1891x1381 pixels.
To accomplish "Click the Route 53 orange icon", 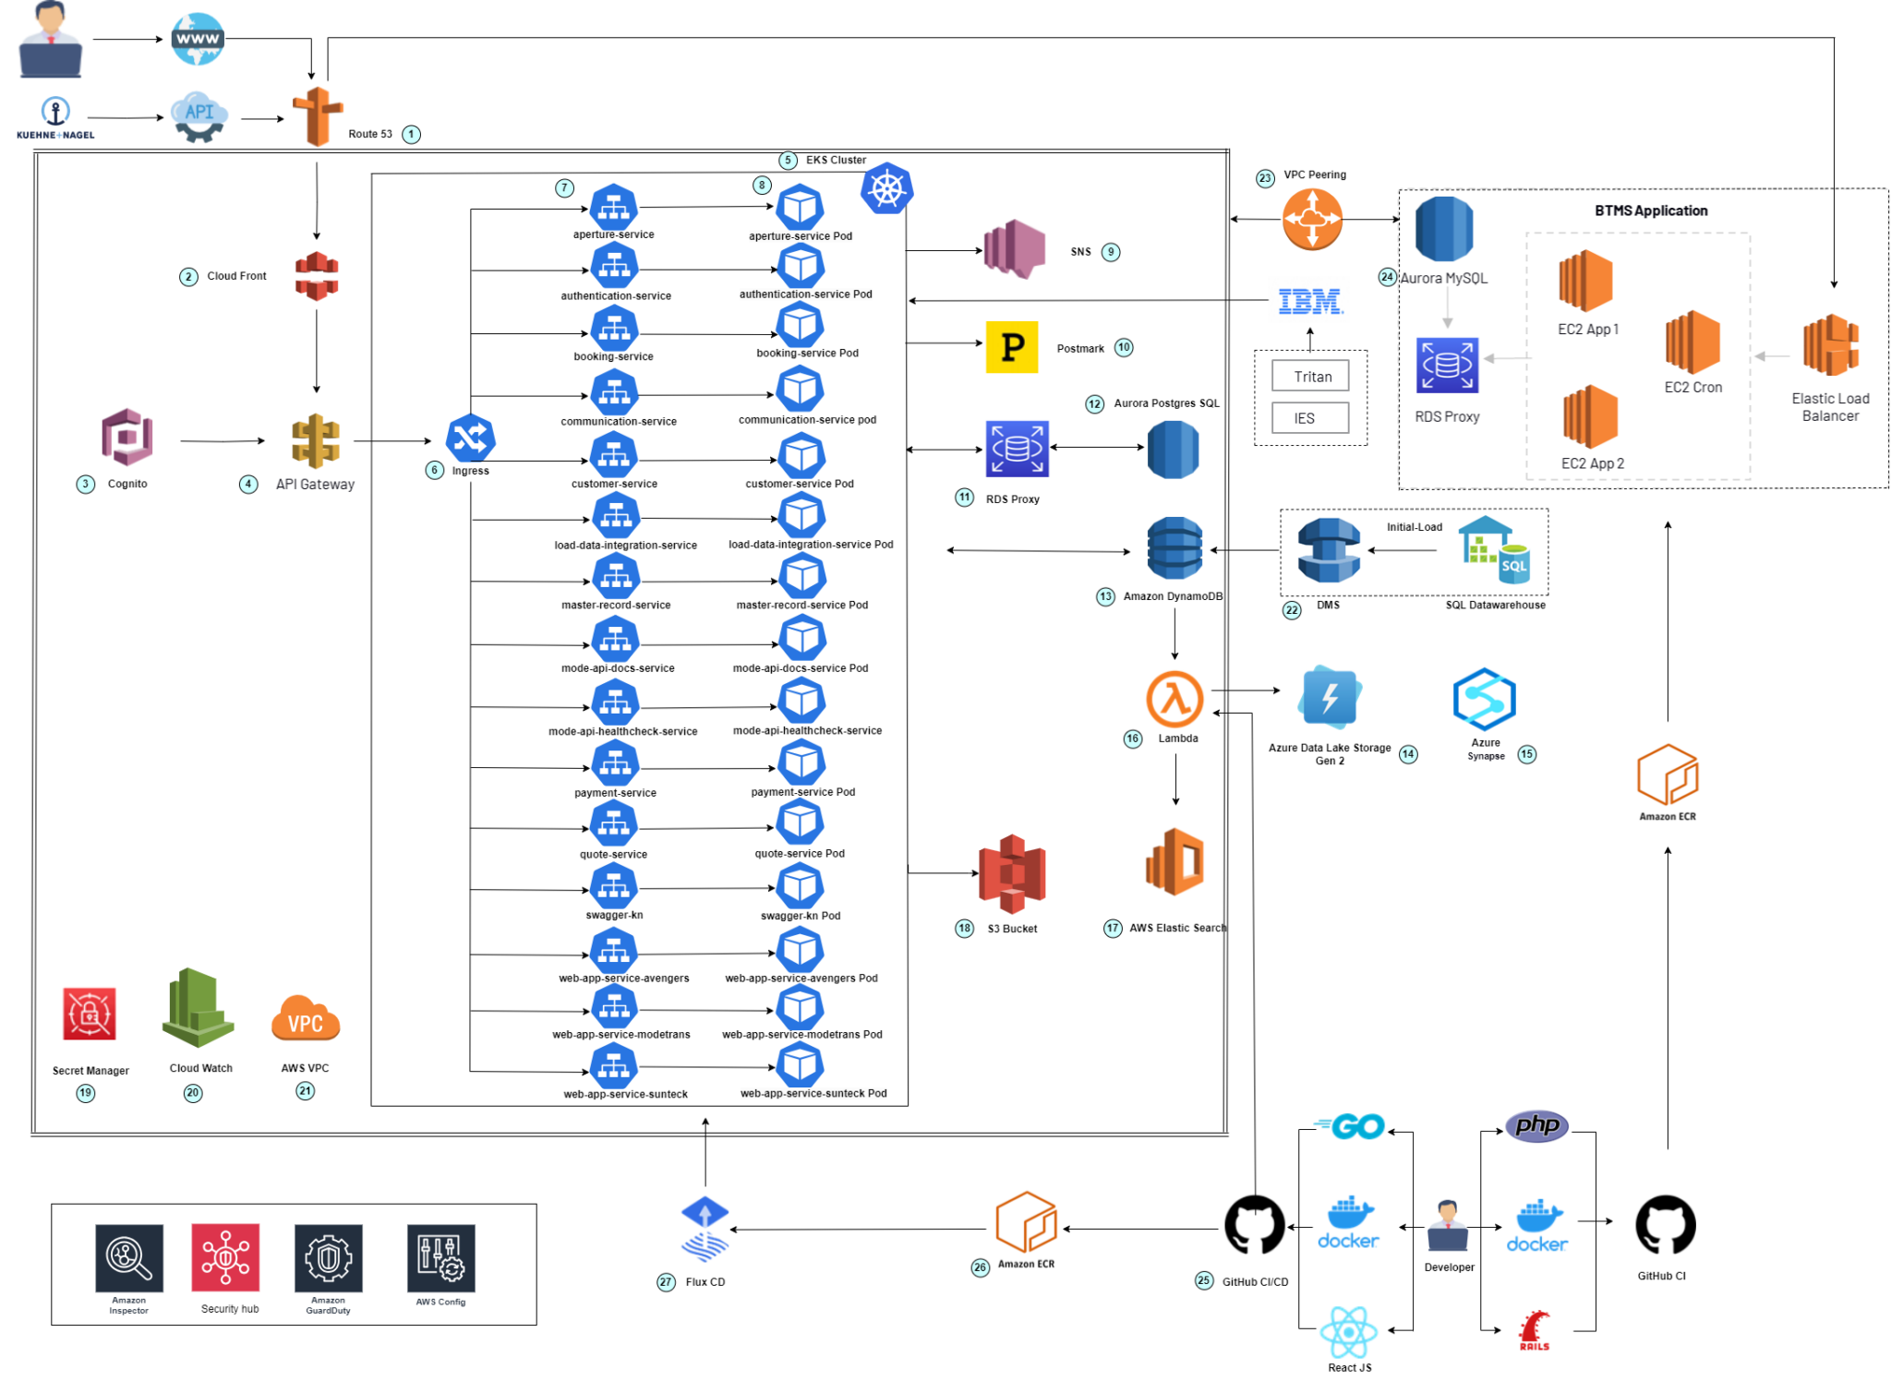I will click(x=317, y=117).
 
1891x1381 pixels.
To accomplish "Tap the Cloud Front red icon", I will click(x=317, y=276).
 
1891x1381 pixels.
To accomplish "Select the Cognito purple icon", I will click(x=127, y=437).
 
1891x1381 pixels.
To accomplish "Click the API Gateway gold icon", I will click(x=316, y=440).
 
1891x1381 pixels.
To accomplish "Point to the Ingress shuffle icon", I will click(x=470, y=438).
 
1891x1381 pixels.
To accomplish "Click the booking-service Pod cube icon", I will click(x=800, y=325).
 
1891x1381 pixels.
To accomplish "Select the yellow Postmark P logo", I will click(x=1012, y=347).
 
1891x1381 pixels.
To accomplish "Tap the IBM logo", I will click(x=1309, y=301).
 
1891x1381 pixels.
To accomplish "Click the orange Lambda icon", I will click(x=1174, y=699).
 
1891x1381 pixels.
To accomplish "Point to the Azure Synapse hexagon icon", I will click(x=1484, y=700).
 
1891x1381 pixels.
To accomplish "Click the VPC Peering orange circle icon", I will click(x=1312, y=220).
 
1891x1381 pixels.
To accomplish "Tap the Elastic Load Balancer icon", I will click(x=1830, y=345).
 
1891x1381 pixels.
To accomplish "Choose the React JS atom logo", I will click(x=1349, y=1332).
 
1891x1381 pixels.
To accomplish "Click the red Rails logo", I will click(x=1534, y=1330).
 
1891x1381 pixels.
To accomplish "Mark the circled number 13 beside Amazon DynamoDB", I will click(x=1105, y=596).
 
